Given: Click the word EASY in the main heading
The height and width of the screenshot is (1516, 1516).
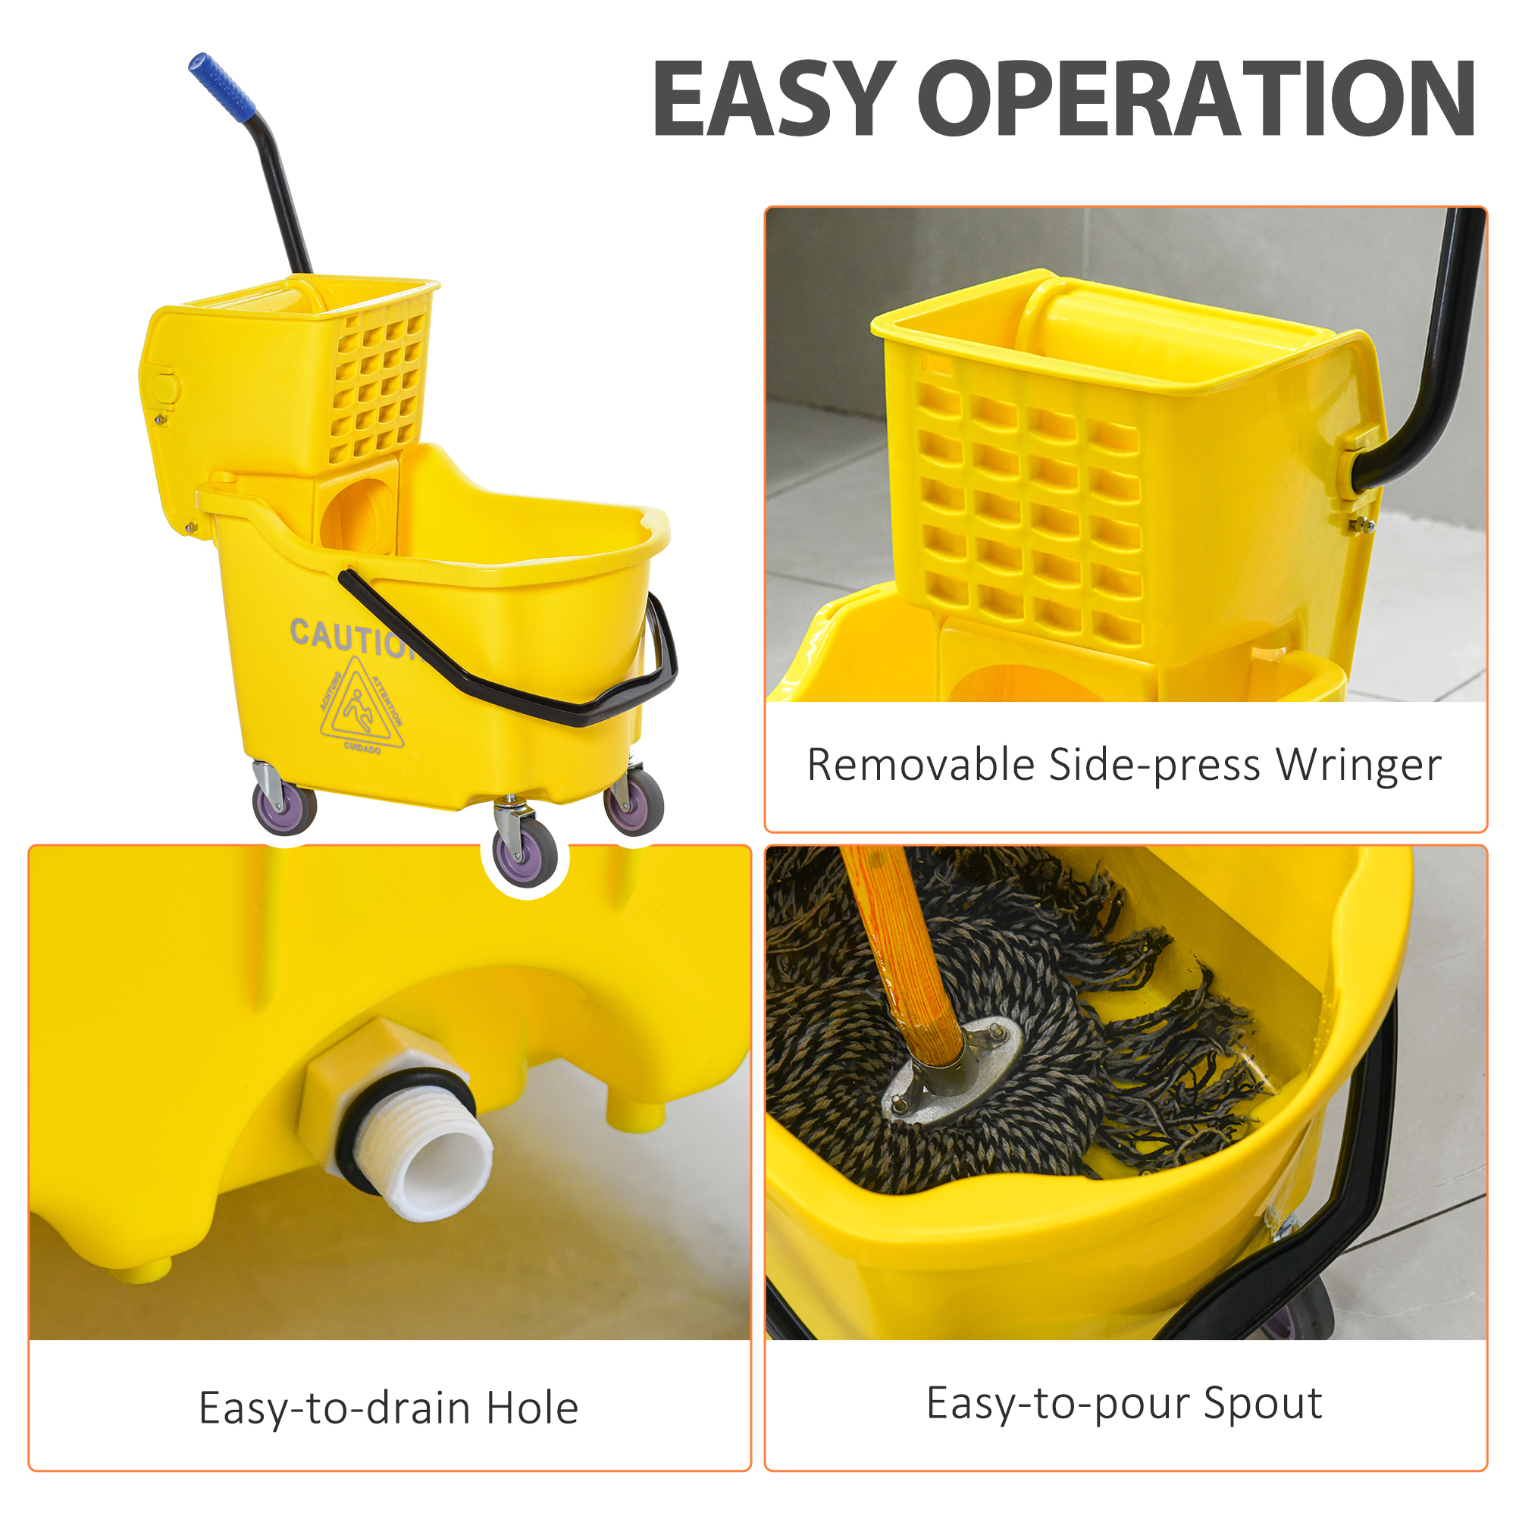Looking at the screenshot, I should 774,99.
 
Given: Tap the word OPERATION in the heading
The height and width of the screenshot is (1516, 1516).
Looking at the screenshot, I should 1196,99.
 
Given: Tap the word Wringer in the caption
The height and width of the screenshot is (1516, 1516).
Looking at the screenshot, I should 1359,765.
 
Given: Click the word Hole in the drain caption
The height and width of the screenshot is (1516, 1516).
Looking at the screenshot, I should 532,1408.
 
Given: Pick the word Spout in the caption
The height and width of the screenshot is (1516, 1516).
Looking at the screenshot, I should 1263,1403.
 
